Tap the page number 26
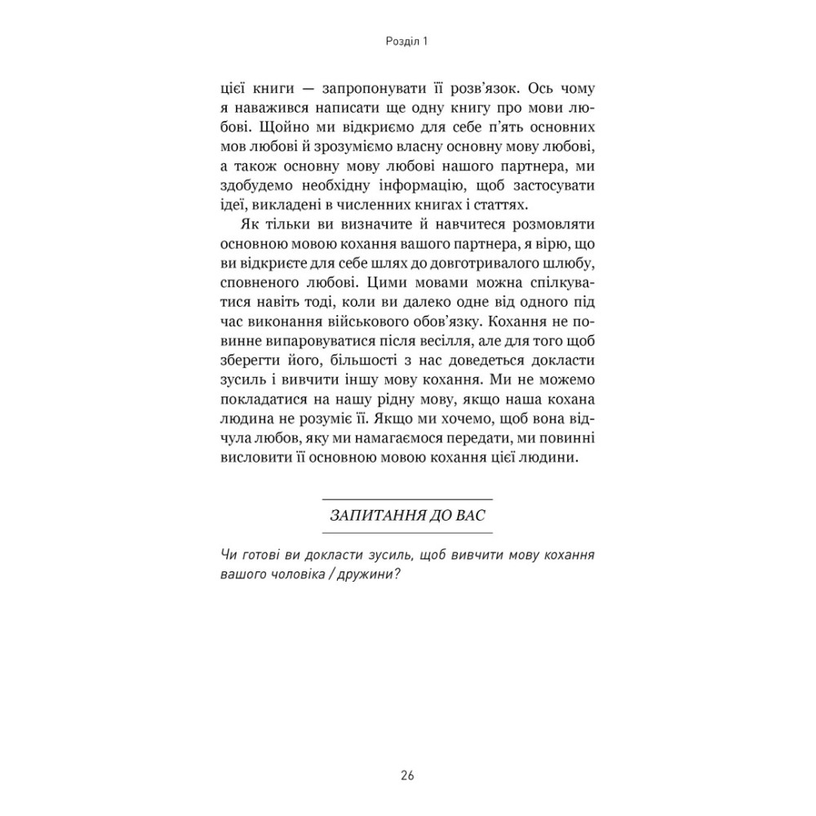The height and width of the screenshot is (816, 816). click(408, 775)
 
